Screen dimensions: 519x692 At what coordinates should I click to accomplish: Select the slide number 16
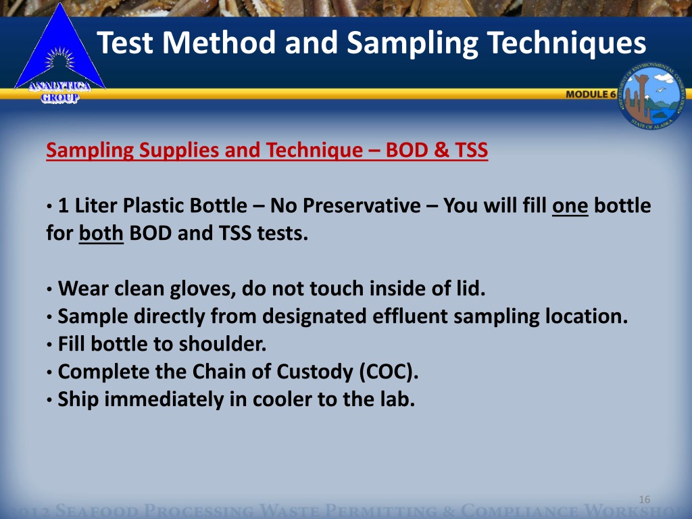[x=644, y=499]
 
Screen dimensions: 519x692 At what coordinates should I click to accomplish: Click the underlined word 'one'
[x=570, y=205]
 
